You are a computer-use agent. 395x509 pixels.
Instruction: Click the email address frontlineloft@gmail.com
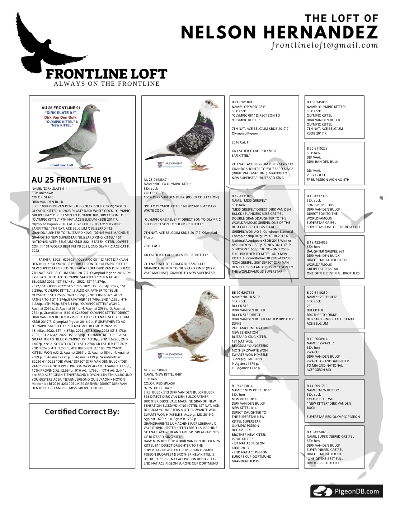point(325,45)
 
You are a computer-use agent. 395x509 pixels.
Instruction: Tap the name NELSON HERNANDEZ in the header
point(279,32)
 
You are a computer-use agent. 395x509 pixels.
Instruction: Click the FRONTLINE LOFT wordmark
point(106,74)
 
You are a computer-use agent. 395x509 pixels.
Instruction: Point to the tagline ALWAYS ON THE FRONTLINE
point(107,84)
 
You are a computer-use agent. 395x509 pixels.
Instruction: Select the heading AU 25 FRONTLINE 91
point(71,180)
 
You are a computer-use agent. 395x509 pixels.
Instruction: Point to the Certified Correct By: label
point(82,411)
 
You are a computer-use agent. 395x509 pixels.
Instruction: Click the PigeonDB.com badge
point(346,491)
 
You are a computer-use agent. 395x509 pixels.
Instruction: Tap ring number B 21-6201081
point(242,102)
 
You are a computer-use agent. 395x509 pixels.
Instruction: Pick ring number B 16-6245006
point(317,102)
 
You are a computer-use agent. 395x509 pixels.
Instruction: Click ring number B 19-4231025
point(242,196)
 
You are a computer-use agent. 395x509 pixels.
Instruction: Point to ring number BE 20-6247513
point(243,293)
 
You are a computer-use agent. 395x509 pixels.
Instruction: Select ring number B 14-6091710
point(317,386)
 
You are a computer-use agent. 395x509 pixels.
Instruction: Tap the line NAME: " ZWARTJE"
point(320,343)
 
